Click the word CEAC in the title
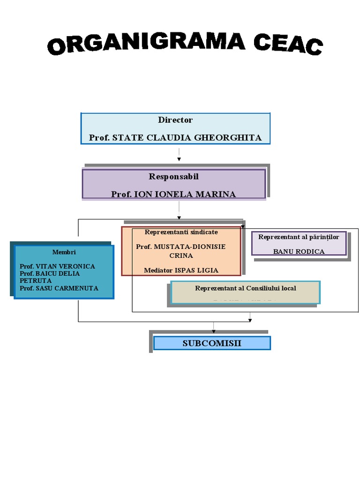pos(288,45)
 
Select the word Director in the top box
pos(175,120)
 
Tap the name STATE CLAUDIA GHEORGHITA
pos(187,138)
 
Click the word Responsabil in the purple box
pos(173,177)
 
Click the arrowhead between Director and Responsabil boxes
pos(179,159)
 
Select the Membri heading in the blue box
pos(64,252)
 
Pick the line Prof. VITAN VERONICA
pos(57,266)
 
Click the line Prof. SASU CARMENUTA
pos(59,288)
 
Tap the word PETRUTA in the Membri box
pos(36,281)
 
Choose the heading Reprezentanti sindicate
pos(181,232)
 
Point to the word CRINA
pos(181,256)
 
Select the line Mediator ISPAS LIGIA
pos(181,270)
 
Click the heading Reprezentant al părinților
pos(299,237)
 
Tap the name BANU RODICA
pos(299,252)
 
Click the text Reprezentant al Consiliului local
pos(246,288)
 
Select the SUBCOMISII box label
pos(212,343)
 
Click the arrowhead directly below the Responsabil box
pos(179,217)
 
